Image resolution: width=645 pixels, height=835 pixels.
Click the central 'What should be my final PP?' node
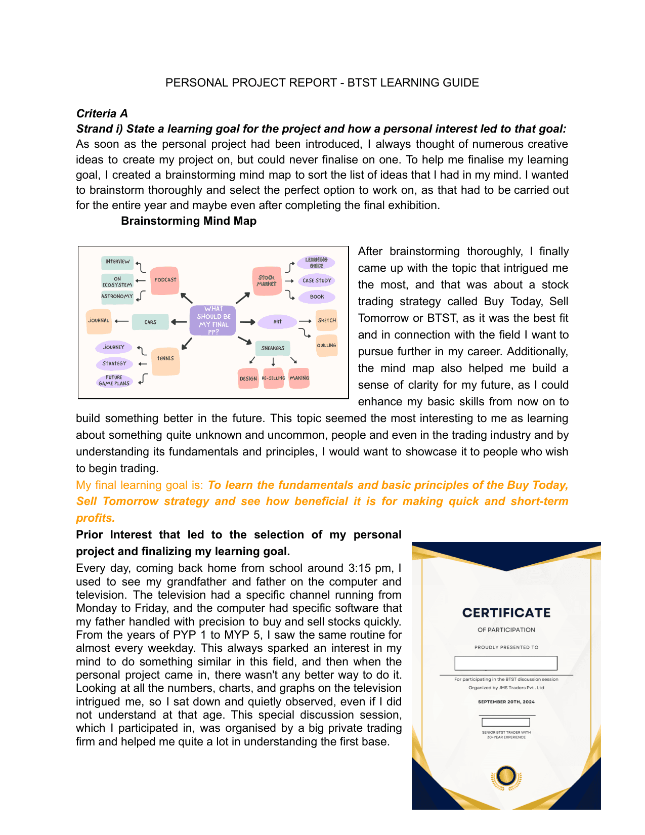[x=213, y=320]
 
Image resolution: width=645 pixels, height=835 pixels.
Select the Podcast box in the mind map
[x=165, y=280]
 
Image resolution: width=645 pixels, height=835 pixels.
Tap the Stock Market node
[x=267, y=281]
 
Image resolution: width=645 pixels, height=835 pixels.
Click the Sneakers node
[x=273, y=348]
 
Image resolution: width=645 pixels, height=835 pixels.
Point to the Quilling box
[x=326, y=346]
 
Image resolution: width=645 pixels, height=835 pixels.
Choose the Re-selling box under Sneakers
[x=273, y=379]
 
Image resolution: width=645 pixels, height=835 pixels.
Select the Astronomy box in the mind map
[x=117, y=297]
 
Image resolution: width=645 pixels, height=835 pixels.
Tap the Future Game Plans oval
[x=114, y=381]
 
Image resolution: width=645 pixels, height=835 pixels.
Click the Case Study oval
[x=317, y=280]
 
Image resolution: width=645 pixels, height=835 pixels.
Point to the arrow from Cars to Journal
[x=121, y=321]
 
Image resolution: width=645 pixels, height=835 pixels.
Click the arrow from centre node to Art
[x=247, y=322]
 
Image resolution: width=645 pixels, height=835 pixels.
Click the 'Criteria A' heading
[x=102, y=113]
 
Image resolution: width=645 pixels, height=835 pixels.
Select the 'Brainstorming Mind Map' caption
[x=189, y=221]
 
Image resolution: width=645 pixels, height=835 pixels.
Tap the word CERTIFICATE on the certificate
[x=506, y=613]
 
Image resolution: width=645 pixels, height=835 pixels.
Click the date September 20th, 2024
[x=506, y=702]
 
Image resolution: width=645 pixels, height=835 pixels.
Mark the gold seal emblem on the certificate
[x=506, y=777]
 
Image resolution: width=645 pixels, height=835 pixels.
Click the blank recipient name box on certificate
[x=506, y=663]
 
